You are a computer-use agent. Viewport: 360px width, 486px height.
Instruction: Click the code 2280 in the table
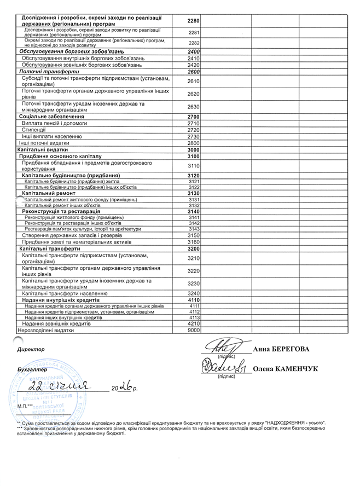point(193,21)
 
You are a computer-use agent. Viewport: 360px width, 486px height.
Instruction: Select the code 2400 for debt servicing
point(193,51)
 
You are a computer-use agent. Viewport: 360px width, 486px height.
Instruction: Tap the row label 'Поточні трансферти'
point(49,72)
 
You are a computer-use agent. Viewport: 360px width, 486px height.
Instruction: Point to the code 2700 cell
point(193,117)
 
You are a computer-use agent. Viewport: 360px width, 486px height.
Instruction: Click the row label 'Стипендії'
point(34,130)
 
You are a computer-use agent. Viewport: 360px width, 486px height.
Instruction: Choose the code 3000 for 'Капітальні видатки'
point(193,149)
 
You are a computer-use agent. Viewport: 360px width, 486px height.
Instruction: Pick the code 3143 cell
point(193,229)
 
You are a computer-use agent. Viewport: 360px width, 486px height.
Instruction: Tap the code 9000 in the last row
point(193,331)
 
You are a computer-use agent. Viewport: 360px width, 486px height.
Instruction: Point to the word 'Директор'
point(30,349)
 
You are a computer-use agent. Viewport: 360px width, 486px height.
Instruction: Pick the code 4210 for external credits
point(193,324)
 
